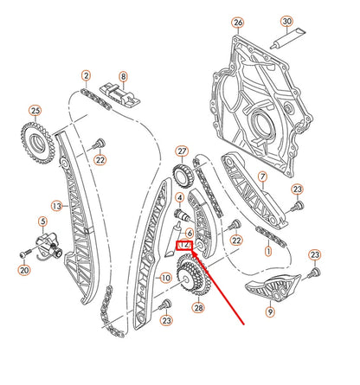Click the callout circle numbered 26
[238, 22]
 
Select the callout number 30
[286, 22]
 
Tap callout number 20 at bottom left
[23, 271]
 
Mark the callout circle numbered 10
[164, 279]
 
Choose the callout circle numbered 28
[199, 308]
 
